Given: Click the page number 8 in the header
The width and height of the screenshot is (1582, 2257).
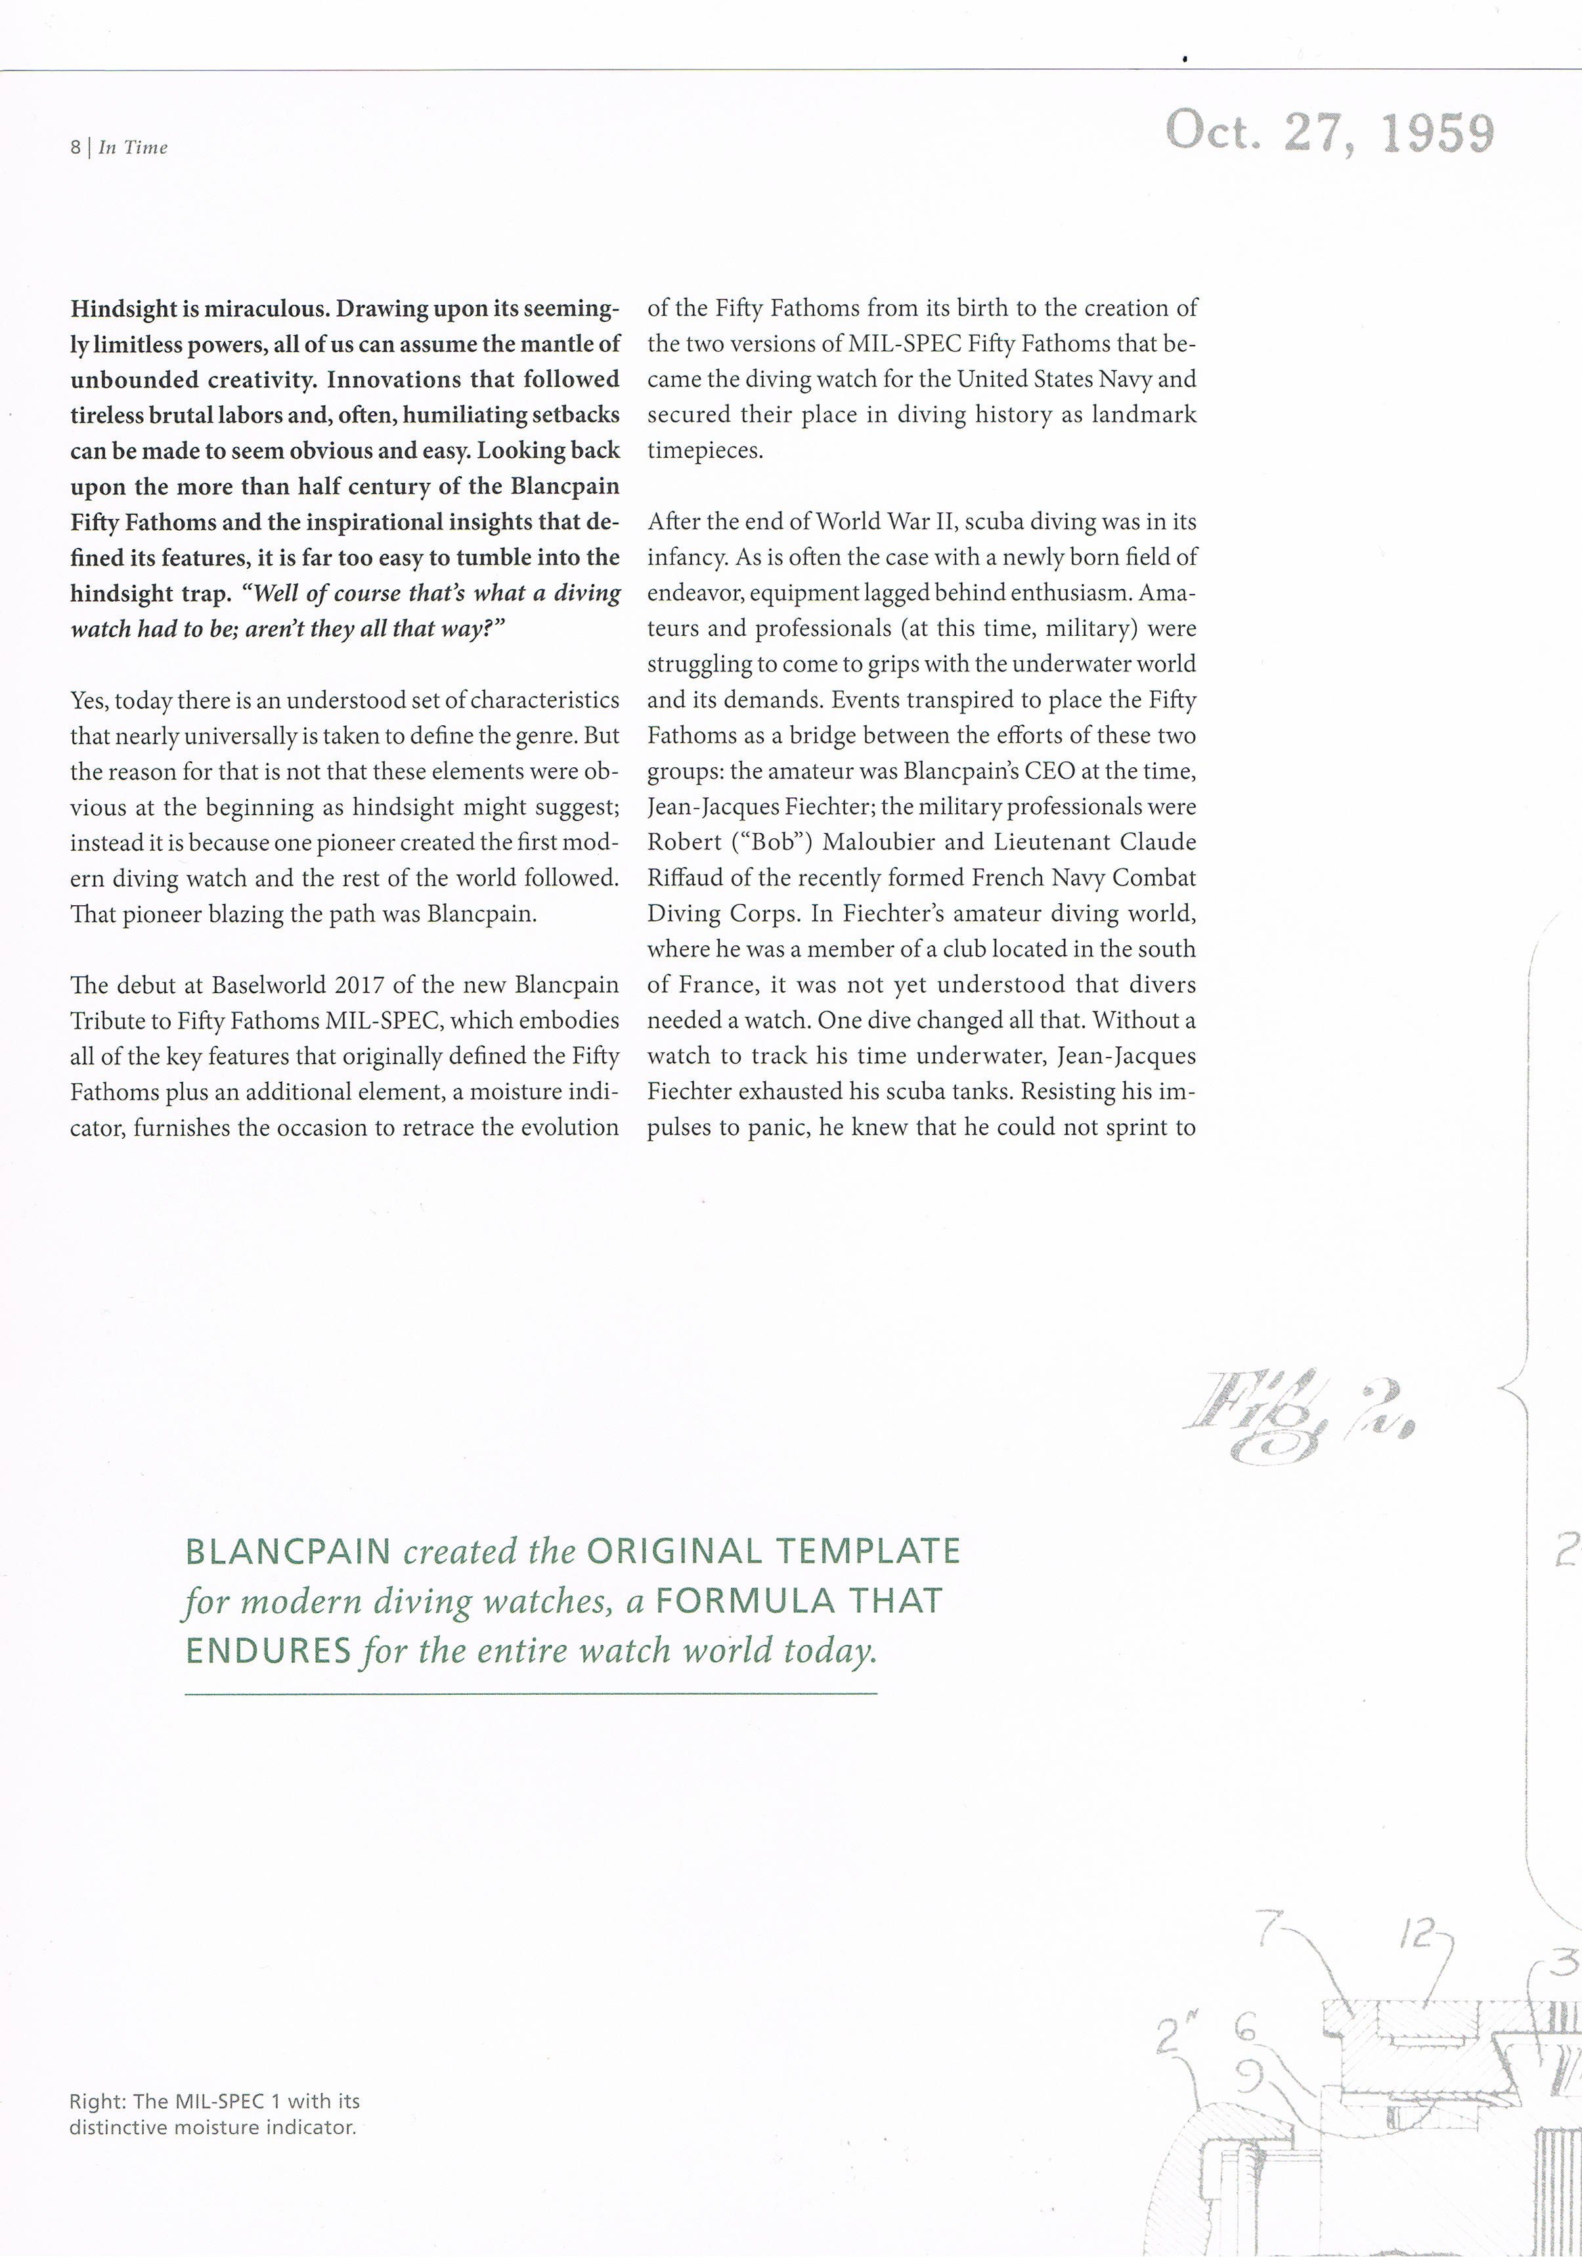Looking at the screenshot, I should (75, 147).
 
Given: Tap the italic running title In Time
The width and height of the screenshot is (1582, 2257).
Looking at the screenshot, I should (133, 147).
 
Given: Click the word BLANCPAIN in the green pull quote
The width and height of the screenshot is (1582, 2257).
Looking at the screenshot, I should (288, 1552).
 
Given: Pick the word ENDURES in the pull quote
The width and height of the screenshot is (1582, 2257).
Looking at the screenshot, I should (268, 1651).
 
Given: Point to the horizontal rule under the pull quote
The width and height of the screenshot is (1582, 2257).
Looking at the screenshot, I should (531, 1693).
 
